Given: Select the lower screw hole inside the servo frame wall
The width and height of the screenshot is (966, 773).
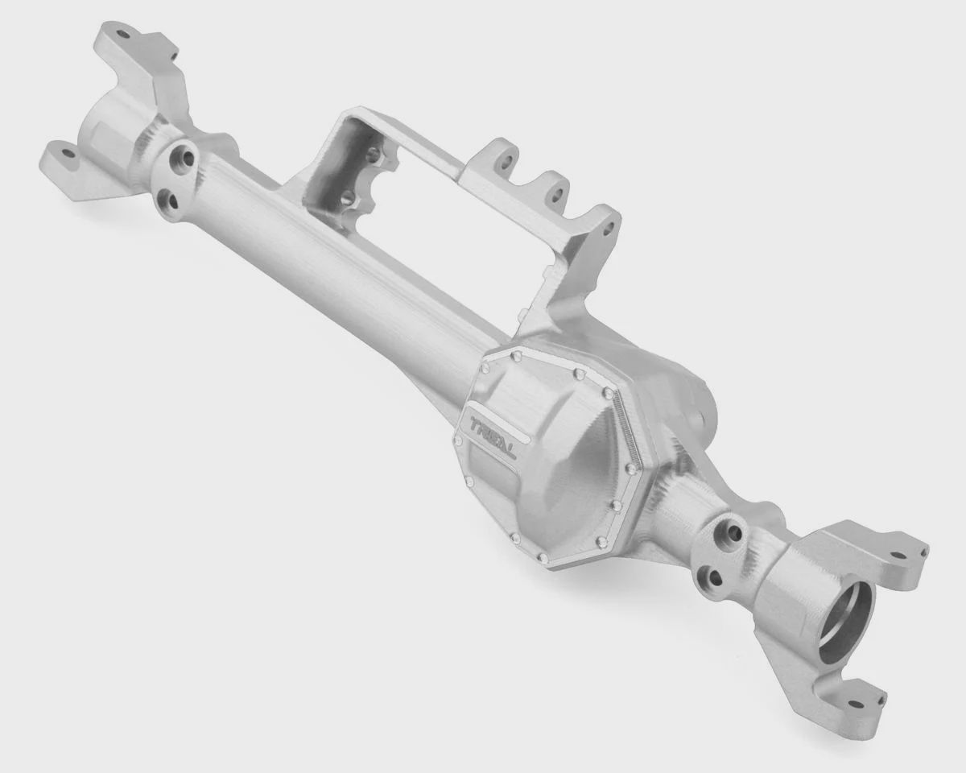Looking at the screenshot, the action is tap(346, 196).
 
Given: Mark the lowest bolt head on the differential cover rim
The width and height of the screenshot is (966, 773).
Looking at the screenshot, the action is tap(544, 558).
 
